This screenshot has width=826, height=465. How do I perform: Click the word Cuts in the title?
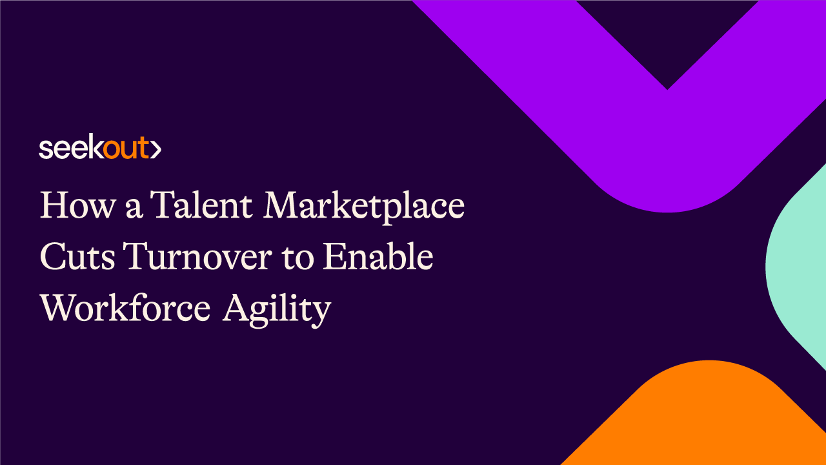[77, 258]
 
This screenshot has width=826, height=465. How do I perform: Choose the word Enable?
[378, 258]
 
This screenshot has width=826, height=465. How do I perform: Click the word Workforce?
[125, 309]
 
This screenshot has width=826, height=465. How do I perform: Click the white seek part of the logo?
[72, 149]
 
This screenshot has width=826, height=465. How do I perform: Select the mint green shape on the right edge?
[797, 265]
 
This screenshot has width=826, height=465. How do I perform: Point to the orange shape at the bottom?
[703, 420]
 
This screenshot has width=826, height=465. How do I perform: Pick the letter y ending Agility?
[321, 313]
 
